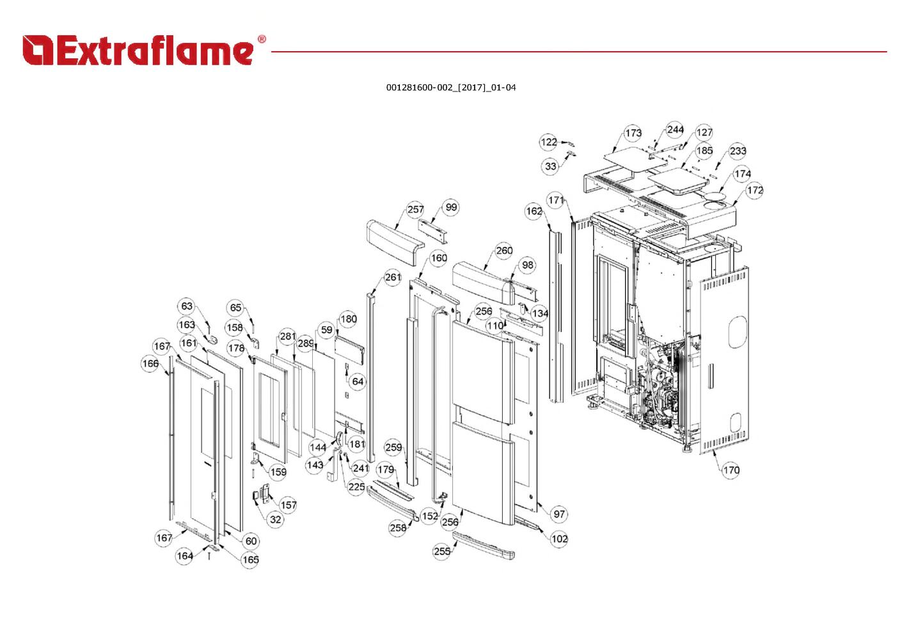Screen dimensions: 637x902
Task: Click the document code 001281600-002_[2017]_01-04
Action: [x=450, y=88]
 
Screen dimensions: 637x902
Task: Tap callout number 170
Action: [x=731, y=470]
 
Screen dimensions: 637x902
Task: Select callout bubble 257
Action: [x=415, y=210]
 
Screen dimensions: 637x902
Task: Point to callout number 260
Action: [x=503, y=250]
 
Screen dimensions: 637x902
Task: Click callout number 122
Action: [x=548, y=142]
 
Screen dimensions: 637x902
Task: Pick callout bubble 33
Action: [x=551, y=166]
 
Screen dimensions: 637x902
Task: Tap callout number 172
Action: [x=755, y=190]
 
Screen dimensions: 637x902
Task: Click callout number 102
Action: [x=559, y=539]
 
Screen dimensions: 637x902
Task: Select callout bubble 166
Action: [x=150, y=364]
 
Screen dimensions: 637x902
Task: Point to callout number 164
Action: [x=184, y=556]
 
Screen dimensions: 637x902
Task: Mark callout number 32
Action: [x=275, y=519]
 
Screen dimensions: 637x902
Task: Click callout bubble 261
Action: [x=392, y=277]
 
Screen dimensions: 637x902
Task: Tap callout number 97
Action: [x=559, y=514]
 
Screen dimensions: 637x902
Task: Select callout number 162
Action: [x=534, y=211]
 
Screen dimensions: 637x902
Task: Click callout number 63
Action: [x=187, y=306]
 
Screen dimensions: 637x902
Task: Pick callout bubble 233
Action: [x=738, y=151]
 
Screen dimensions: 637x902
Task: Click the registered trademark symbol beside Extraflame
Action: [x=262, y=40]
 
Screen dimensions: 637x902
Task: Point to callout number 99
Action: [x=452, y=207]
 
